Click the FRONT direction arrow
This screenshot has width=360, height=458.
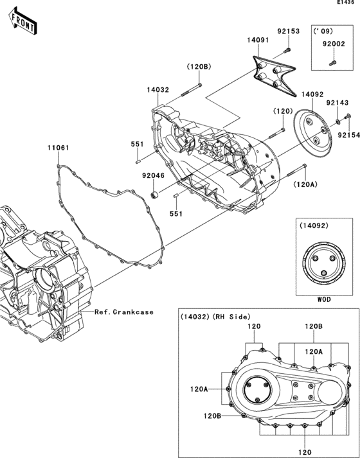point(22,21)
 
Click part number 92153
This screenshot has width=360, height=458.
point(289,31)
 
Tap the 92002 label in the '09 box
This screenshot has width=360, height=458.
point(334,44)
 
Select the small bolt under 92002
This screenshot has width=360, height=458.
point(332,63)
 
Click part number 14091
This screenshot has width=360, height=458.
point(258,40)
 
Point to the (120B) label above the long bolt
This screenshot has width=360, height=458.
point(199,67)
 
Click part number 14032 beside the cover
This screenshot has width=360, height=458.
point(157,90)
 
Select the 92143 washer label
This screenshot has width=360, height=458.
point(337,103)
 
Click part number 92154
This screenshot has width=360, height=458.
point(349,136)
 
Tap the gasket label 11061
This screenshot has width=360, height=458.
point(59,148)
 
